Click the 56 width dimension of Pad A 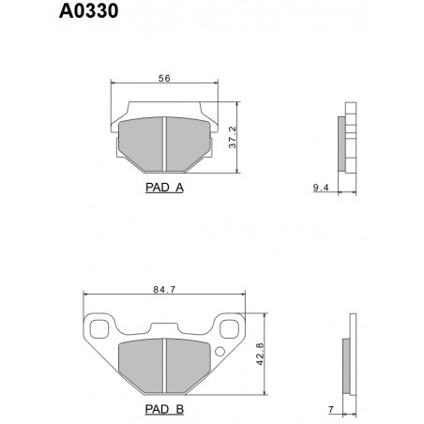(163, 80)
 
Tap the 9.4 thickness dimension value (320, 188)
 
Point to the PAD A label (164, 187)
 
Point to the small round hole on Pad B (220, 353)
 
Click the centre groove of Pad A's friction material (164, 144)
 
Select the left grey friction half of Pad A (144, 144)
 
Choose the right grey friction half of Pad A (185, 144)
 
